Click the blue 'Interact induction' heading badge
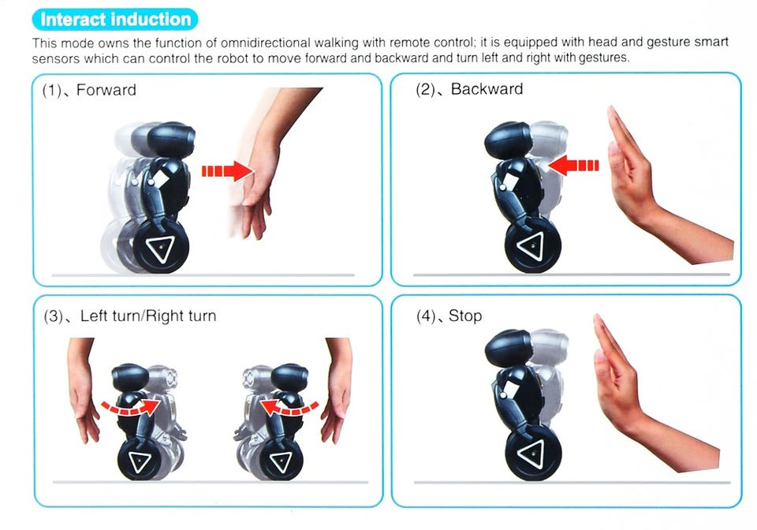[x=115, y=19]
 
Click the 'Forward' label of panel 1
[x=106, y=90]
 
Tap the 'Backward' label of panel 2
[x=487, y=89]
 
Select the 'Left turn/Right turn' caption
[x=148, y=315]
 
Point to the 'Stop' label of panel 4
[x=465, y=315]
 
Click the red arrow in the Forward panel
[x=227, y=171]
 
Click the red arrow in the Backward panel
[x=573, y=165]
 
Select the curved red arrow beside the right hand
[x=289, y=406]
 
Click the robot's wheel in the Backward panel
[x=533, y=245]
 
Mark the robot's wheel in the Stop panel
[x=534, y=452]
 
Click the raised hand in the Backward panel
[x=662, y=193]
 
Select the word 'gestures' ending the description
[x=603, y=58]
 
